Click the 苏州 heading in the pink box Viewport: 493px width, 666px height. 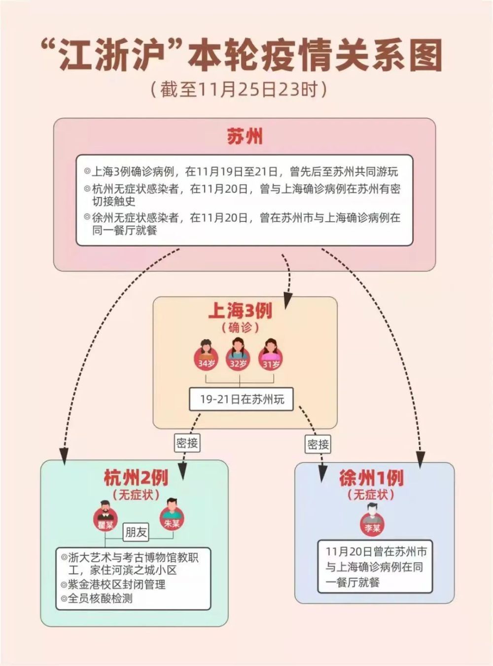pos(245,136)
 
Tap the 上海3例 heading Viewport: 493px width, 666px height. pos(240,311)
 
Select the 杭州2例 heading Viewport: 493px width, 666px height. pos(136,477)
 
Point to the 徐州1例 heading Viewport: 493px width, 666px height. pos(371,477)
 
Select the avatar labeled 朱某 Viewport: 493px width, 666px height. pos(171,514)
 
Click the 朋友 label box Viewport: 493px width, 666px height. pos(136,532)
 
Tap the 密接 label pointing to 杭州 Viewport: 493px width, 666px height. pos(187,443)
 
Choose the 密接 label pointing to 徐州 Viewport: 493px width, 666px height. pos(318,445)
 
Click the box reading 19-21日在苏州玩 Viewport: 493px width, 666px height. pos(242,399)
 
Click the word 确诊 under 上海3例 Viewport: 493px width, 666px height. pos(240,327)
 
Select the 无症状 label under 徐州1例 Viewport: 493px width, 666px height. pos(371,494)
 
